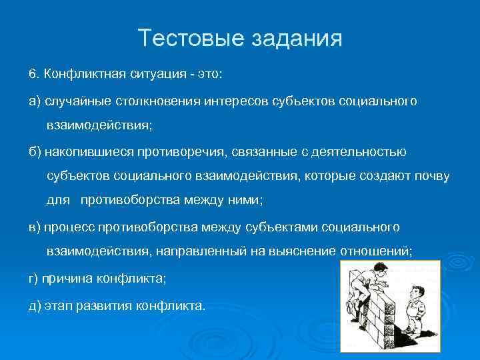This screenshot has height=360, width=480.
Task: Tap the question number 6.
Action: click(31, 72)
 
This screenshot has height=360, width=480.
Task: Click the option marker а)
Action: click(34, 101)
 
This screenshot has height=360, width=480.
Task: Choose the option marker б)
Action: click(34, 152)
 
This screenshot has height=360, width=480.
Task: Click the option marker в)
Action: click(34, 227)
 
